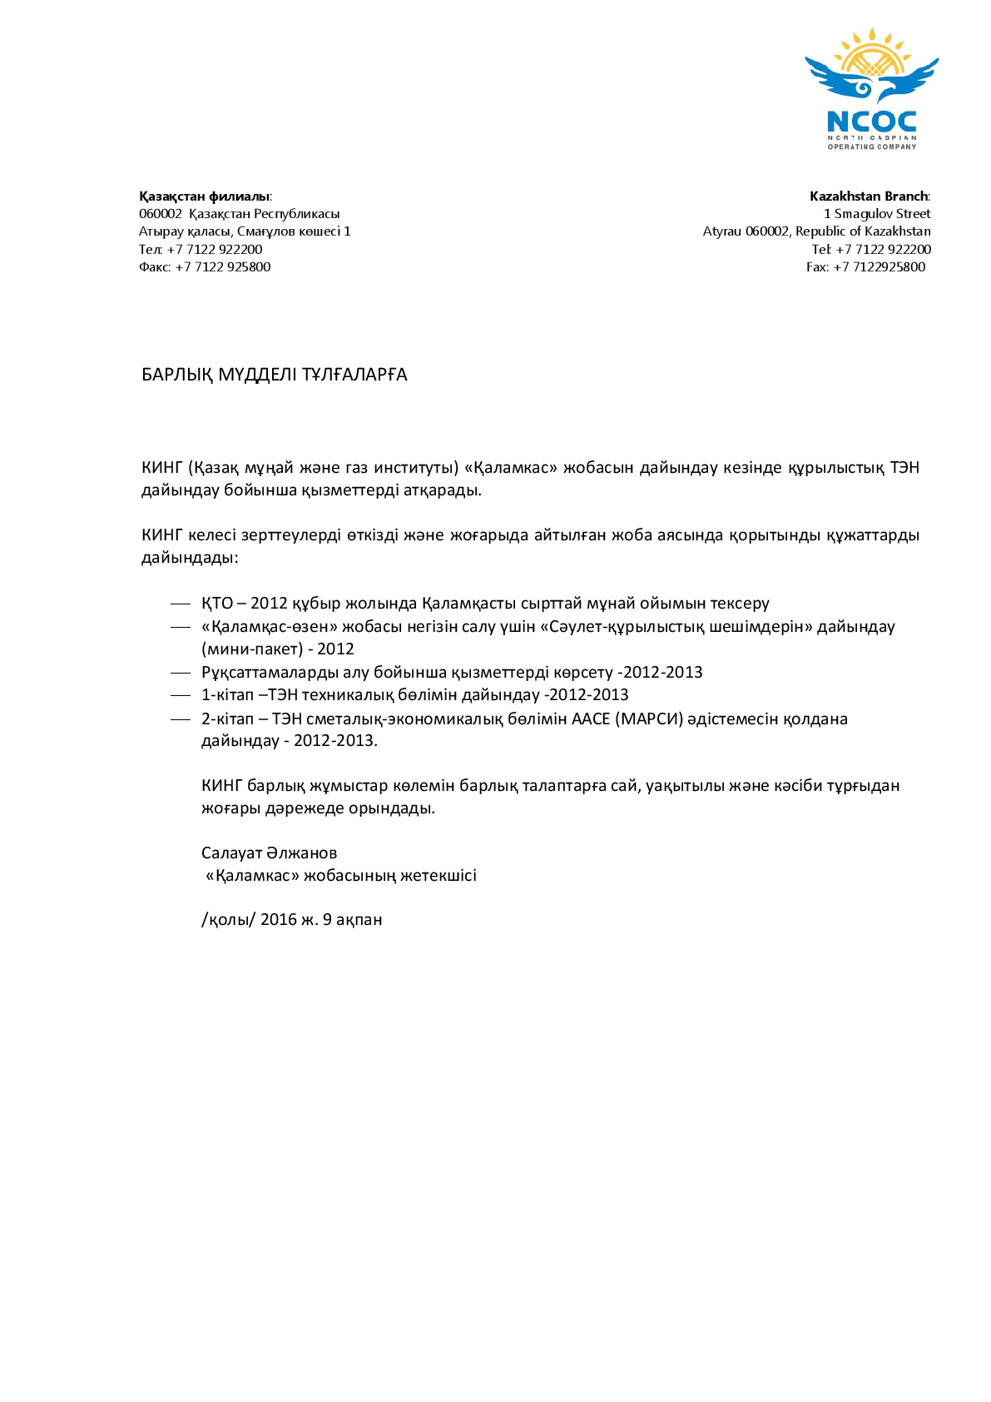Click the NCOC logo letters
871,122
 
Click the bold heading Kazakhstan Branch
869,196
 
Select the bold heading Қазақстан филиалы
204,196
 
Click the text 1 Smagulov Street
877,214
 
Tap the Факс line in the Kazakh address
205,267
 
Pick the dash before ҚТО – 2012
181,604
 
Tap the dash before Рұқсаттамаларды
181,673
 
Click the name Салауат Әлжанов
269,853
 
